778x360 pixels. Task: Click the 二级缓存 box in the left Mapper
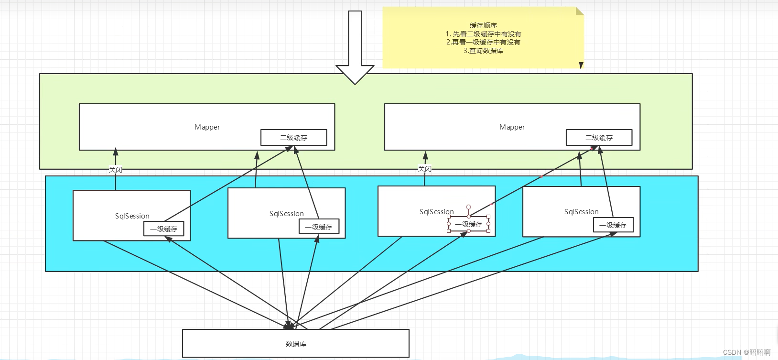pos(293,138)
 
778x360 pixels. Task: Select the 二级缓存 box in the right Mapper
pos(599,138)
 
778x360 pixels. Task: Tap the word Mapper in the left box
pos(207,127)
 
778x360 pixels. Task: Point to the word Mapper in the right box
pos(512,127)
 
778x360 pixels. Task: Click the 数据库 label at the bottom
pos(296,344)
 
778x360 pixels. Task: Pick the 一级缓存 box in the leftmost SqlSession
pos(163,229)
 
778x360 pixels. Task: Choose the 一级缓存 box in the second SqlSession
pos(319,227)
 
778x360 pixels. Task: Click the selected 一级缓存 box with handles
pos(469,224)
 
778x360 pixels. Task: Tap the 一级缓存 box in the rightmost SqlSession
pos(613,225)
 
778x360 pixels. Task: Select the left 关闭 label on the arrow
pos(116,170)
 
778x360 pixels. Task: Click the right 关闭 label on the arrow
pos(425,169)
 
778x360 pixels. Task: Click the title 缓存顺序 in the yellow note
pos(483,25)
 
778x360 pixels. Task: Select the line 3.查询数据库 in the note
pos(483,51)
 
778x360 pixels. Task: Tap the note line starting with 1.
pos(483,34)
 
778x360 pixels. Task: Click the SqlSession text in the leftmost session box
pos(132,216)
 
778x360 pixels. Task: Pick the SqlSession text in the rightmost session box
pos(581,212)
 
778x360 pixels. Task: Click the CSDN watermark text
pos(746,352)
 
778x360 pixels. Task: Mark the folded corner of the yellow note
pos(580,11)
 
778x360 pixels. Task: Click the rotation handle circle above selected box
pos(469,207)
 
